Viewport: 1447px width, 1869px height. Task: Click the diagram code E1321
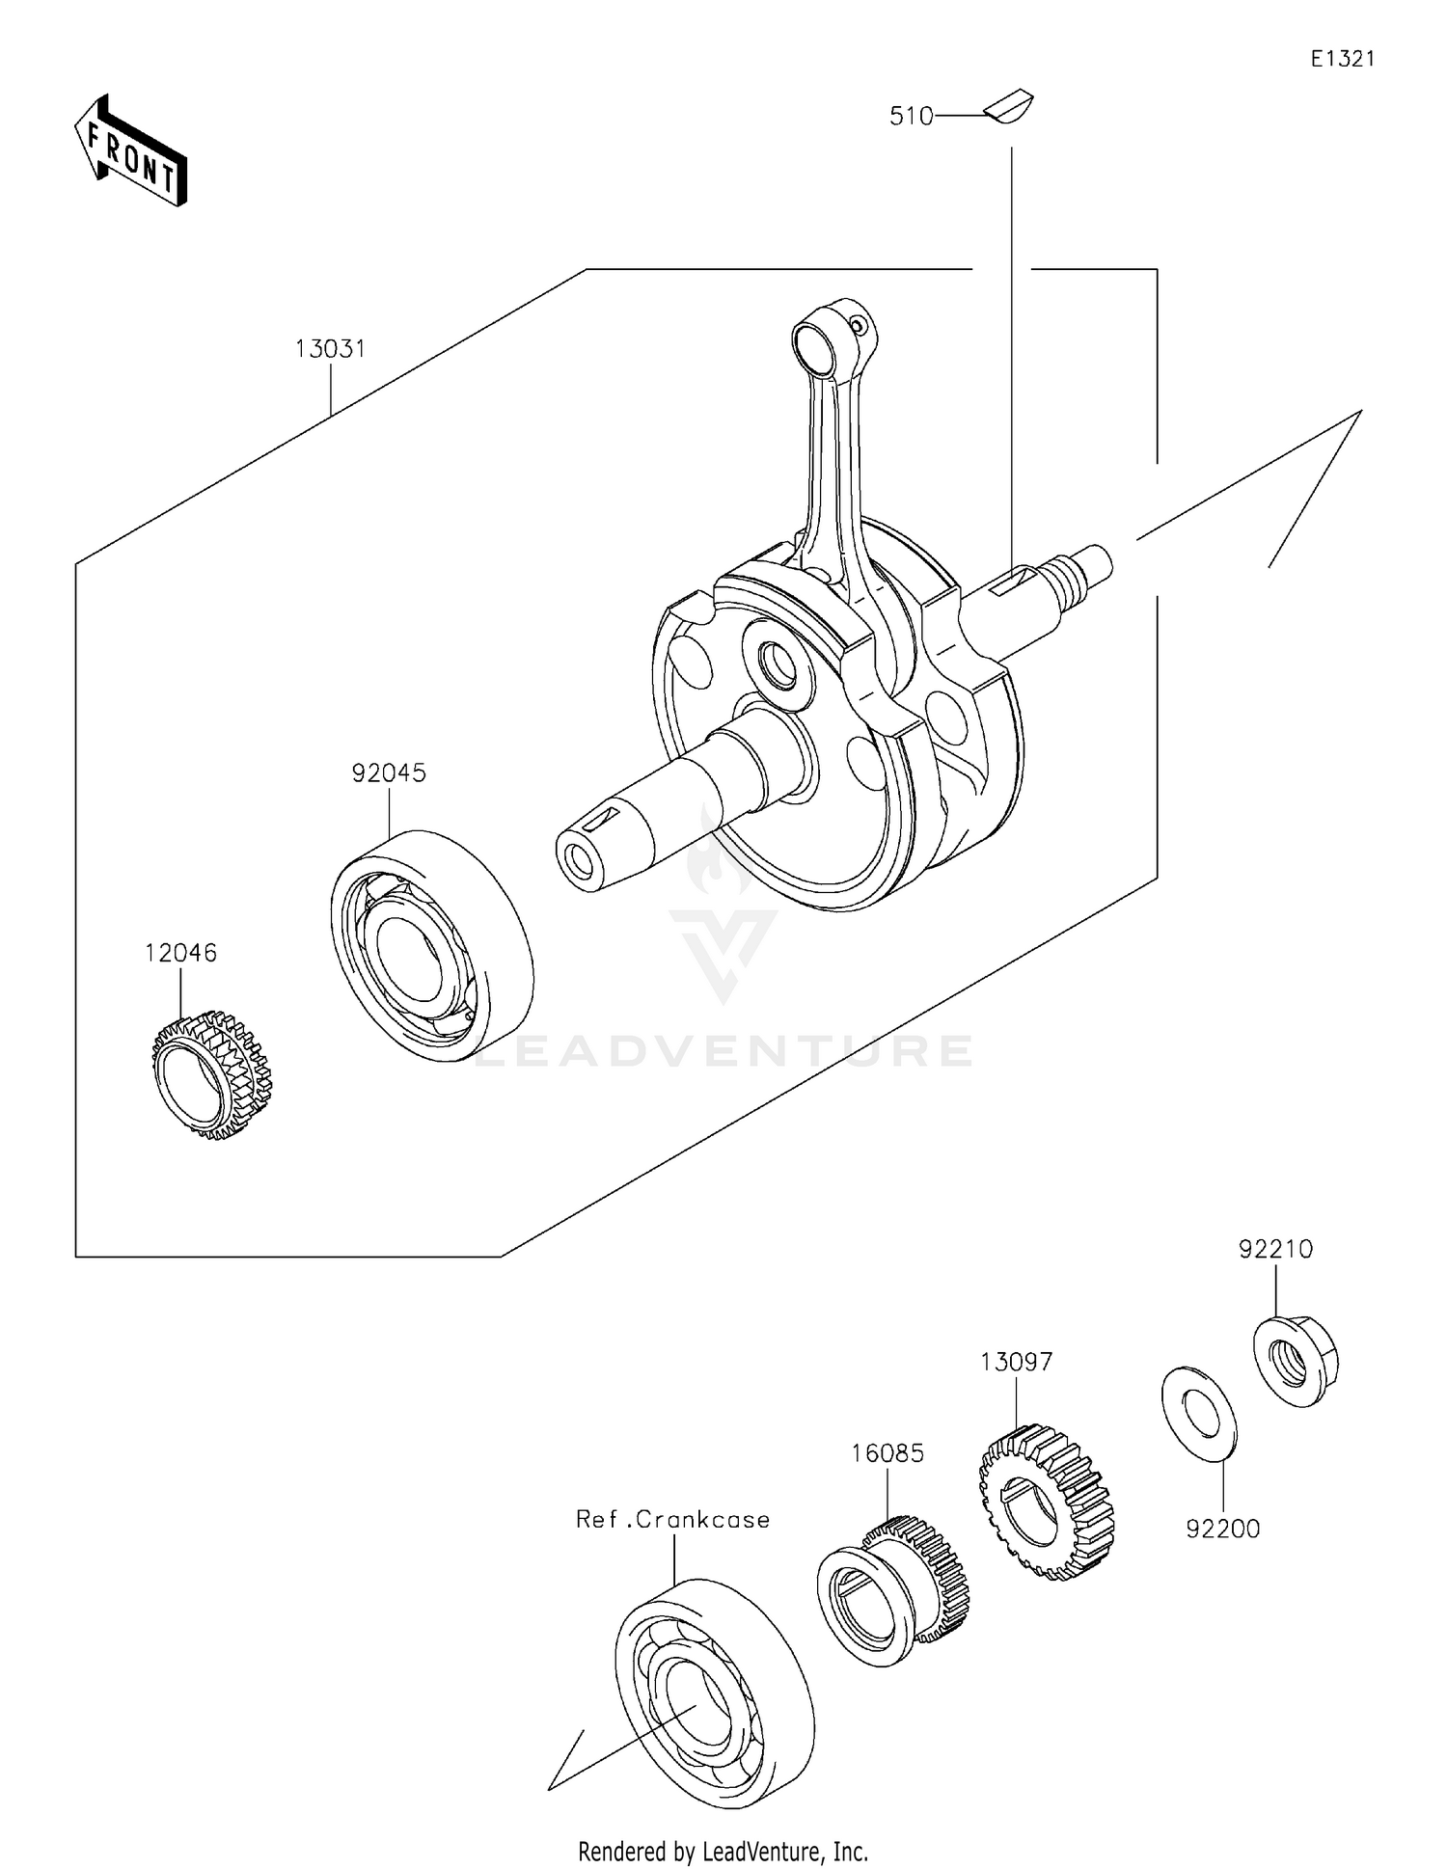tap(1342, 59)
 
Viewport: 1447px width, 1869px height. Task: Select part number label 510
tap(911, 117)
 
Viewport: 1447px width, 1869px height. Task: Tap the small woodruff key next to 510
tap(1009, 106)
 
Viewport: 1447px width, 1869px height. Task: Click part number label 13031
tap(331, 349)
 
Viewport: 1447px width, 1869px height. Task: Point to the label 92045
tap(389, 773)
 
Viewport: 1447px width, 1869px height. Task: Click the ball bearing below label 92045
tap(431, 945)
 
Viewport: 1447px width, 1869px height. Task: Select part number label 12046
tap(180, 953)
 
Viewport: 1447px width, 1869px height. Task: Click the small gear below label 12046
tap(212, 1074)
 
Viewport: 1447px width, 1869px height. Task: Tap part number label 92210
tap(1275, 1249)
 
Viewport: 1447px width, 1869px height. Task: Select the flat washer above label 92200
tap(1198, 1414)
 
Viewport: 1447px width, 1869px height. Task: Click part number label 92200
tap(1222, 1529)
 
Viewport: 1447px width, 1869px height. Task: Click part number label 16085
tap(887, 1452)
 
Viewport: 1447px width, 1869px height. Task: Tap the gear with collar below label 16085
tap(891, 1591)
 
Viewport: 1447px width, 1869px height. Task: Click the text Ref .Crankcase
tap(672, 1520)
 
